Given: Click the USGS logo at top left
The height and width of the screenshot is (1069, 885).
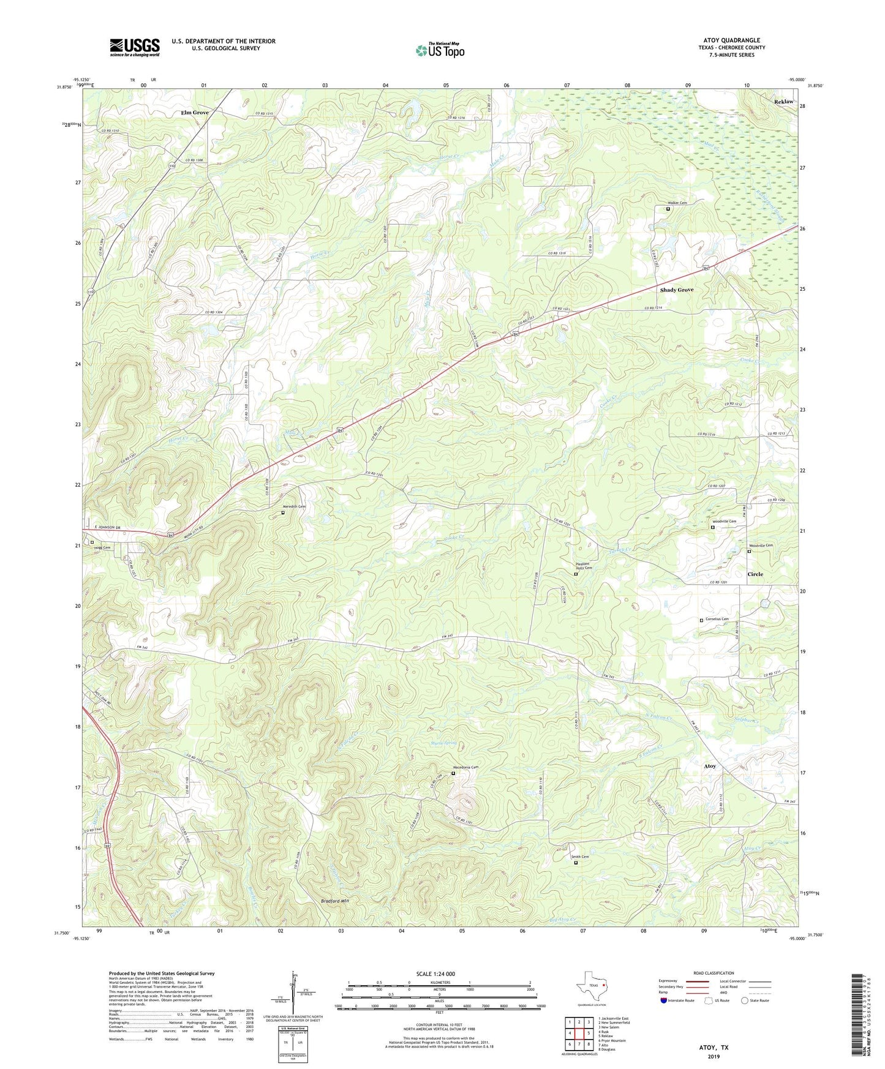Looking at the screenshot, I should pos(135,47).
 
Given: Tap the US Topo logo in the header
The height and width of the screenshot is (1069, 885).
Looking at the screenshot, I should pos(440,50).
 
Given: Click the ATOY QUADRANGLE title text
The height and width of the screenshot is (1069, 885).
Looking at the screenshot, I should pos(732,40).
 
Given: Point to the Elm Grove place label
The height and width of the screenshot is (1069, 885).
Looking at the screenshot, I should pos(195,113).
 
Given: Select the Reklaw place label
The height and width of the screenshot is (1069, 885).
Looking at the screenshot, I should pos(783,102).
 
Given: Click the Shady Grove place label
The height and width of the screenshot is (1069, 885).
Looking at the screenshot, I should pos(676,290).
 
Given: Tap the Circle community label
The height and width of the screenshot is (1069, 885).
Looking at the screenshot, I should pos(755,574).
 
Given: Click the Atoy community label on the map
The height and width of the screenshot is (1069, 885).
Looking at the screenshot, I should pos(709,766).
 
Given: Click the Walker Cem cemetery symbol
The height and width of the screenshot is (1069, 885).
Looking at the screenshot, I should pos(668,209).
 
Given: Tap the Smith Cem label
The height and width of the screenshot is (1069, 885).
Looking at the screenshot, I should pos(579,857).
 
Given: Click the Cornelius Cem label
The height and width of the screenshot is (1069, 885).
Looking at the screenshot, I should pos(717,620).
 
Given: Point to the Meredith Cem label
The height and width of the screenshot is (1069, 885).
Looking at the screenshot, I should pos(294,507).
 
